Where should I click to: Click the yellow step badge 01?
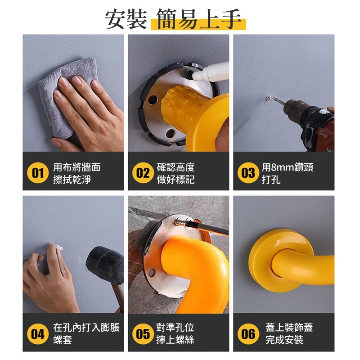(x=38, y=173)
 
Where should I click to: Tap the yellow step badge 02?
(x=143, y=173)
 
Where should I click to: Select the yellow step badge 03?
(x=248, y=173)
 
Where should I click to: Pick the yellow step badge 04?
(x=38, y=334)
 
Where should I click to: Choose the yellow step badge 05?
(x=143, y=334)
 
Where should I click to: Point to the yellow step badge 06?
(x=248, y=334)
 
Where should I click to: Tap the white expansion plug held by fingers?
(x=58, y=247)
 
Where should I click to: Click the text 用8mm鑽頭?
(x=288, y=167)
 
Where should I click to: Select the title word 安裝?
(x=126, y=19)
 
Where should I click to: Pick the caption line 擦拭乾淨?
(x=72, y=179)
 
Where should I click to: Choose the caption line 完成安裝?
(x=284, y=340)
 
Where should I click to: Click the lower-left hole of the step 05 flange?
(x=152, y=273)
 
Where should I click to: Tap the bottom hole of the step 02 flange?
(x=170, y=133)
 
